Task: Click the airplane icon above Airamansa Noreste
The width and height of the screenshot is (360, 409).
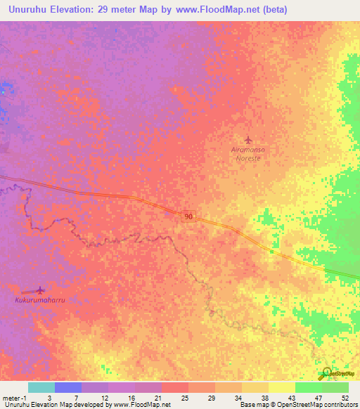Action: tap(247, 139)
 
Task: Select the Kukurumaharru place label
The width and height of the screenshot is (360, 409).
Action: tap(44, 299)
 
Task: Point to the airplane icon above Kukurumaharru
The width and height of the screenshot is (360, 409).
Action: tap(39, 290)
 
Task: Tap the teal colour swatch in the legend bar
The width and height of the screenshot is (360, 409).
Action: tap(41, 387)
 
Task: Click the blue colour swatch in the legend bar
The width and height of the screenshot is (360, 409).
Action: tap(68, 387)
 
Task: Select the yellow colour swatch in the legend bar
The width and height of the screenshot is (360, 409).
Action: tap(282, 387)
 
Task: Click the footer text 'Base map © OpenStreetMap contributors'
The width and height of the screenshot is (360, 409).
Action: tap(297, 405)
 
